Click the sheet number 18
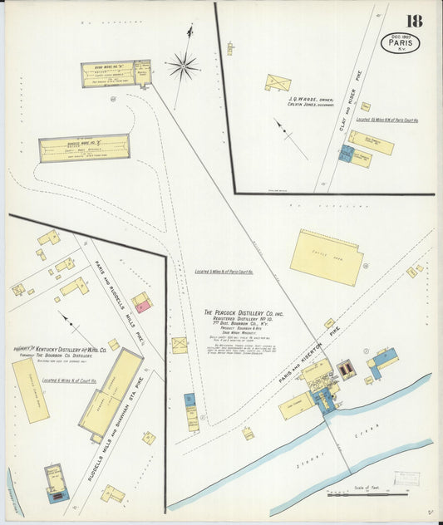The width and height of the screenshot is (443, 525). (x=414, y=21)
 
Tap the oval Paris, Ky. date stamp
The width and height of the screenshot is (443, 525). (x=400, y=42)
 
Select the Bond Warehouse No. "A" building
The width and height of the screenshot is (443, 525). (x=116, y=74)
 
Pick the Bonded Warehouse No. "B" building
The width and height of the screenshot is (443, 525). (x=84, y=148)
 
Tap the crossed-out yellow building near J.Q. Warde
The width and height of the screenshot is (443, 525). (x=278, y=83)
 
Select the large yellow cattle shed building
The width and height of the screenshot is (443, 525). (x=327, y=257)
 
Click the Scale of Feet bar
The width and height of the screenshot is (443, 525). (x=365, y=493)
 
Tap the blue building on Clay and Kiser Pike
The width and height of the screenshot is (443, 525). (x=345, y=154)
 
